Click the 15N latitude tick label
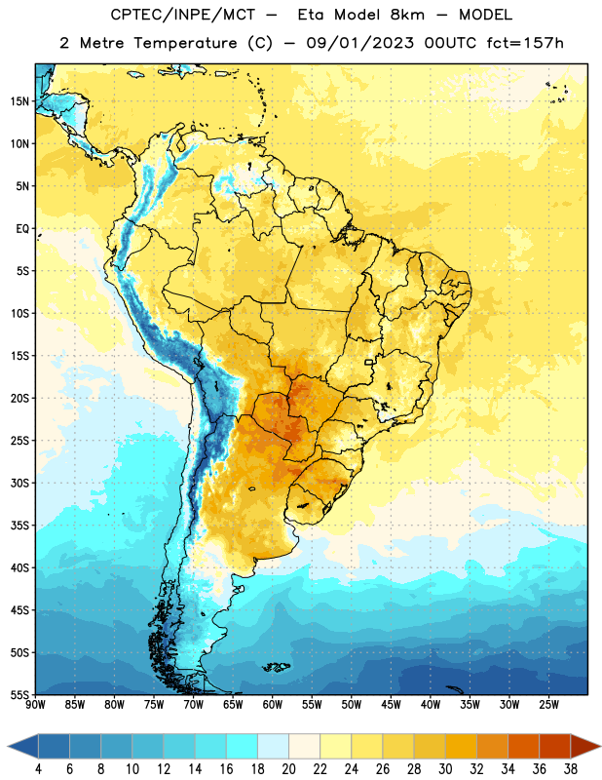click(x=19, y=101)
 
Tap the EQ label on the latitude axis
click(x=22, y=229)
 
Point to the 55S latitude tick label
click(x=19, y=694)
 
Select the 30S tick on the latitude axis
click(x=19, y=483)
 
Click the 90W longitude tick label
click(x=35, y=704)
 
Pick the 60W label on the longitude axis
click(x=273, y=704)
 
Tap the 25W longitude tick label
click(x=549, y=704)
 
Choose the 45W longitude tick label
click(x=392, y=704)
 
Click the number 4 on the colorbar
click(x=38, y=769)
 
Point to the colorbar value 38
click(x=571, y=769)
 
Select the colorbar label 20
click(x=288, y=769)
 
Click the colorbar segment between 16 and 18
click(x=243, y=746)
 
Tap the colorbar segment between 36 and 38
click(x=555, y=746)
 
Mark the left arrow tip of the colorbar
click(x=8, y=746)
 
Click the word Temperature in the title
click(x=185, y=43)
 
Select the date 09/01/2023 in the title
click(x=359, y=43)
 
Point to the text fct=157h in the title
click(x=525, y=43)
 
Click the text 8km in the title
click(x=407, y=15)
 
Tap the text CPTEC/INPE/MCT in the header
click(x=182, y=15)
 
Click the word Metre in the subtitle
click(x=101, y=43)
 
